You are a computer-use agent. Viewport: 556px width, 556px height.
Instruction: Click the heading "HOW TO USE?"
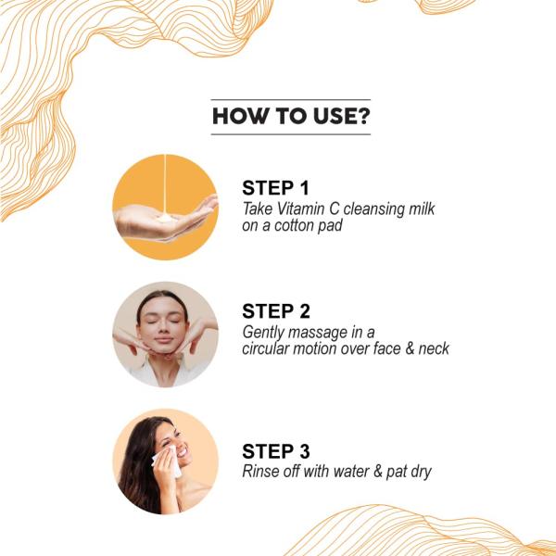(x=290, y=117)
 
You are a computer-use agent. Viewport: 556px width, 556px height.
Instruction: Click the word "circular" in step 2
(x=268, y=348)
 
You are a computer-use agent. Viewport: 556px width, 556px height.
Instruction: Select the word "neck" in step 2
(x=432, y=348)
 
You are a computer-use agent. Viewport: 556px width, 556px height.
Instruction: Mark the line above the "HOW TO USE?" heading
(x=290, y=100)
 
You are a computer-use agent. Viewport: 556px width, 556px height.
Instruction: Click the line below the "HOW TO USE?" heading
(x=290, y=134)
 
